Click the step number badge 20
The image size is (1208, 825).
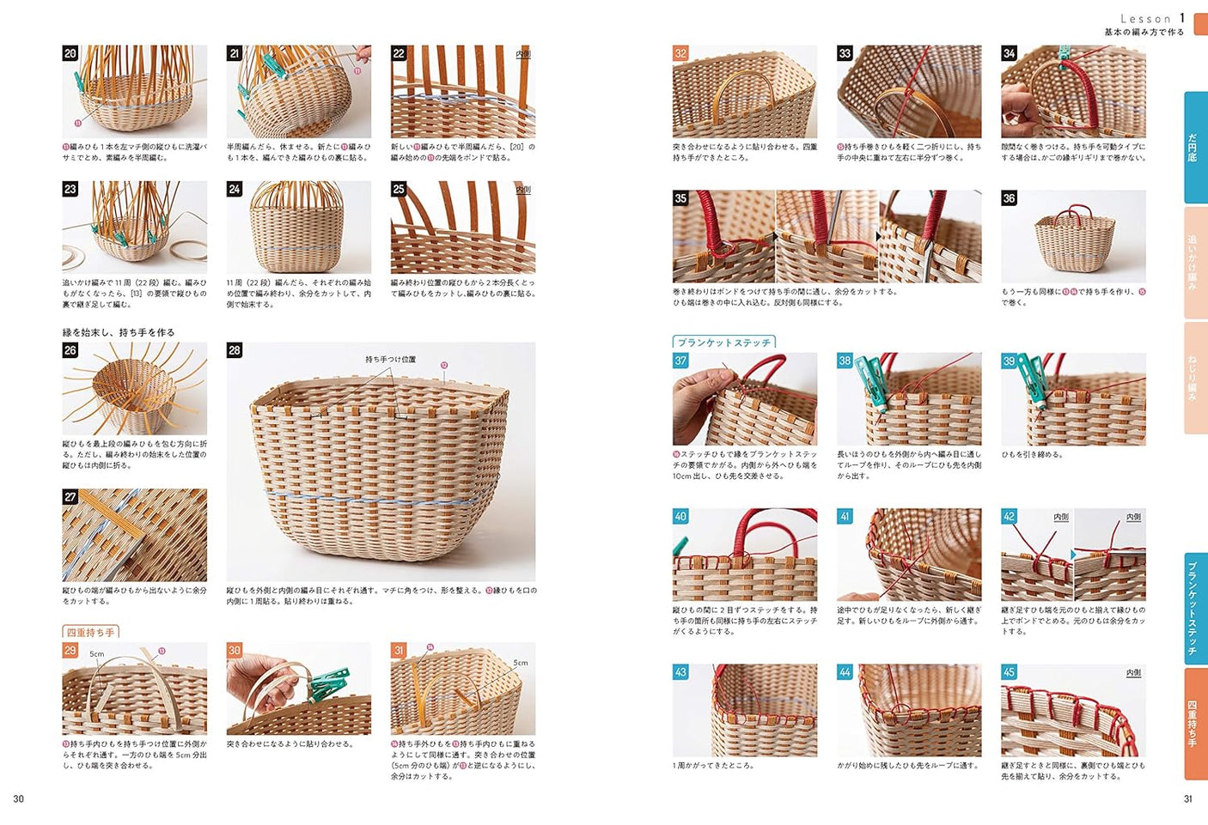pyautogui.click(x=70, y=53)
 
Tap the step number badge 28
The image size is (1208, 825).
pyautogui.click(x=235, y=350)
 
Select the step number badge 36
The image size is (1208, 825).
pyautogui.click(x=1009, y=198)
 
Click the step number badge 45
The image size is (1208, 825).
pyautogui.click(x=1009, y=671)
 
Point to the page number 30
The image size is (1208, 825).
pyautogui.click(x=18, y=798)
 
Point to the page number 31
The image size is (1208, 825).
pyautogui.click(x=1188, y=798)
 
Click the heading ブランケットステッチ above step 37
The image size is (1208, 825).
pyautogui.click(x=723, y=343)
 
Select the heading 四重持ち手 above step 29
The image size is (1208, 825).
pyautogui.click(x=90, y=633)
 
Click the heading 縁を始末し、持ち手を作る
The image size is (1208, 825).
pyautogui.click(x=119, y=332)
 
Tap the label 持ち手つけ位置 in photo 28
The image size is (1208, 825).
pyautogui.click(x=390, y=360)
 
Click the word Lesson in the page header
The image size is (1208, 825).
pyautogui.click(x=1145, y=19)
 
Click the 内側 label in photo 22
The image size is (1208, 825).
pyautogui.click(x=522, y=54)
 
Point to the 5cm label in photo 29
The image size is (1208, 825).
pyautogui.click(x=97, y=654)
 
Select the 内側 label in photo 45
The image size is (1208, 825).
pyautogui.click(x=1133, y=672)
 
